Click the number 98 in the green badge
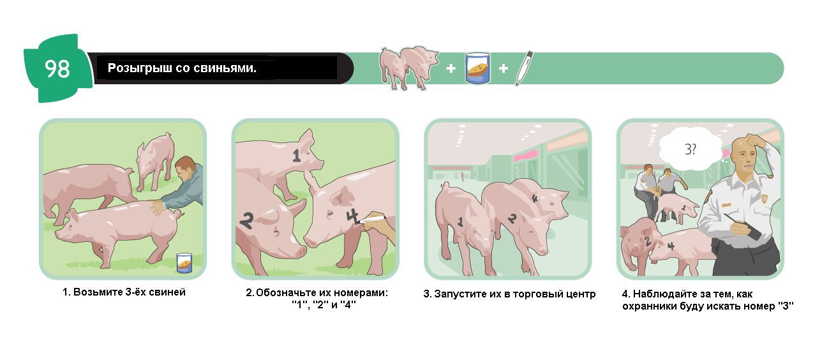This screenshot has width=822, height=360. click(57, 69)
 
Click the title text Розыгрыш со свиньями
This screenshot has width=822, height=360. click(182, 68)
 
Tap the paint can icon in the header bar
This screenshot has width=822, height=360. click(477, 68)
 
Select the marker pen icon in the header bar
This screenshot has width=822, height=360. click(524, 68)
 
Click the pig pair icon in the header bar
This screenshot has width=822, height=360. click(408, 68)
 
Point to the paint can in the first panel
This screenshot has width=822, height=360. click(184, 263)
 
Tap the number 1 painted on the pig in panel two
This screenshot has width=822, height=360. click(297, 156)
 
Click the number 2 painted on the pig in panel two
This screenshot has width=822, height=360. click(246, 221)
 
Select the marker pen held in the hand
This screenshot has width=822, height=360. click(371, 220)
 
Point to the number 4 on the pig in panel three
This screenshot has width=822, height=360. click(535, 199)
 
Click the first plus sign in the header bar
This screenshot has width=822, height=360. click(451, 68)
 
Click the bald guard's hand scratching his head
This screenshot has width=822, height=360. click(756, 140)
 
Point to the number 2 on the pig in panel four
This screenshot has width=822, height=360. click(648, 241)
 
